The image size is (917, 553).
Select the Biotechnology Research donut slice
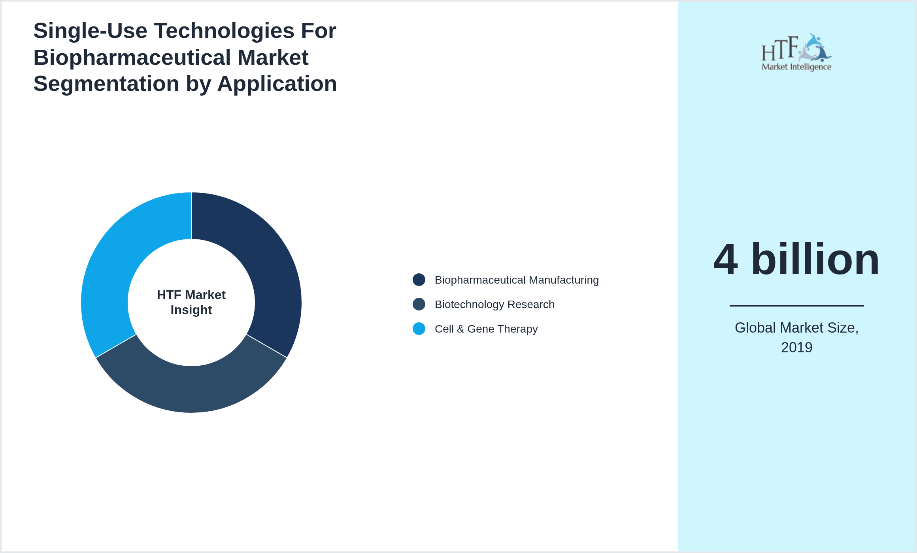coord(191,389)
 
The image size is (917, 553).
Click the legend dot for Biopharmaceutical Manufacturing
coord(419,280)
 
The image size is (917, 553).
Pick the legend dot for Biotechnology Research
coord(419,304)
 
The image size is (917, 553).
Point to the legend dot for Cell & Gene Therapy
coord(419,329)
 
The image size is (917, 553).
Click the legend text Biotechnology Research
coord(494,305)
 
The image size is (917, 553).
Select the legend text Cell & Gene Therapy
coord(486,329)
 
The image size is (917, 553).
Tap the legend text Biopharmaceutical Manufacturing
coord(517,280)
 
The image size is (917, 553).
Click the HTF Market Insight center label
coord(191,302)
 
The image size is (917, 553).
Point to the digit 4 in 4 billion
coord(726,260)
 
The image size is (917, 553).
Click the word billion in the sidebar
coord(815,260)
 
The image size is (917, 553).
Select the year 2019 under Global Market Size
coord(796,348)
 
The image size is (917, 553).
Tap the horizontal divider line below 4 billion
coord(796,305)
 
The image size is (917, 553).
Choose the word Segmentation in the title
coord(106,84)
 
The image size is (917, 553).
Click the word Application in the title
coord(277,84)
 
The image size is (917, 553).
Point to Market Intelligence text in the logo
coord(796,67)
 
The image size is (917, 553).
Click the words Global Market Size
coord(796,328)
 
